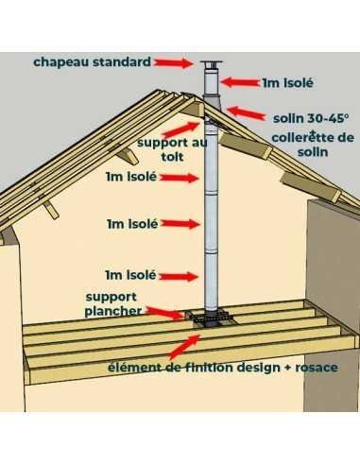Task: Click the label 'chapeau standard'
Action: [92, 62]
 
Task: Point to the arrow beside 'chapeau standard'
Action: [173, 63]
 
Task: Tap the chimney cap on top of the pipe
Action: [211, 64]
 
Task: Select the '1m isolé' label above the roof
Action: [288, 83]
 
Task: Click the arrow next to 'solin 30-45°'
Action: [246, 113]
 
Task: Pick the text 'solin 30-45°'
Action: [311, 118]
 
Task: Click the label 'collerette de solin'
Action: [313, 145]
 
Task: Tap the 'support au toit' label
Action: [172, 149]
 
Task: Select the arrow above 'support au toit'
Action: [181, 129]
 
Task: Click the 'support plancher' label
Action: [113, 304]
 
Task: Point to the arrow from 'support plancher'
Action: [164, 313]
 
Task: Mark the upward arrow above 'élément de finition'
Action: [184, 347]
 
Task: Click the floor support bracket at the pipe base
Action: [210, 318]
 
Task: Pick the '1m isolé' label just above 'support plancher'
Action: [130, 275]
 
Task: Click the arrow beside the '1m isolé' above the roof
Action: [240, 82]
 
